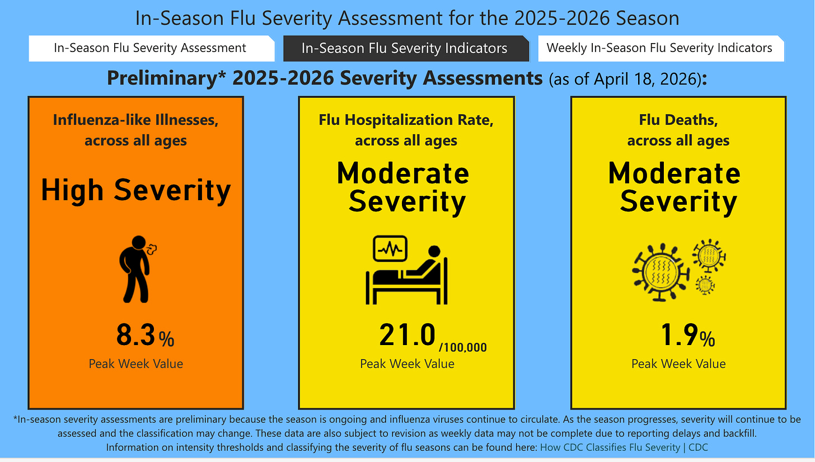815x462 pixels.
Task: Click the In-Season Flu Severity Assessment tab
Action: (150, 48)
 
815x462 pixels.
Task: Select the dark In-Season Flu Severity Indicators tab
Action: (404, 49)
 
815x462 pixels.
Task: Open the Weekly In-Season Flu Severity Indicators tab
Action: (659, 48)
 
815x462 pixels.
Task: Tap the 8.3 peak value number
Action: (135, 336)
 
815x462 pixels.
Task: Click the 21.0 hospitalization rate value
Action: (407, 336)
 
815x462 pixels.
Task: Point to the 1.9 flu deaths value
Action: (678, 336)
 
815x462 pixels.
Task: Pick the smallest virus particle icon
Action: (705, 285)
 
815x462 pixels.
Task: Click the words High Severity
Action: (136, 190)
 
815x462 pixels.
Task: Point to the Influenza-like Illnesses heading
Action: (136, 120)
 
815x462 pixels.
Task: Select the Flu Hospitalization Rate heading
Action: (406, 120)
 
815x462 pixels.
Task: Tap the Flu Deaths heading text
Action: (678, 120)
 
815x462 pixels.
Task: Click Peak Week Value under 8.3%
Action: (136, 364)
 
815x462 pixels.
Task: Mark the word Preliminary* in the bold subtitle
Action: (166, 78)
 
